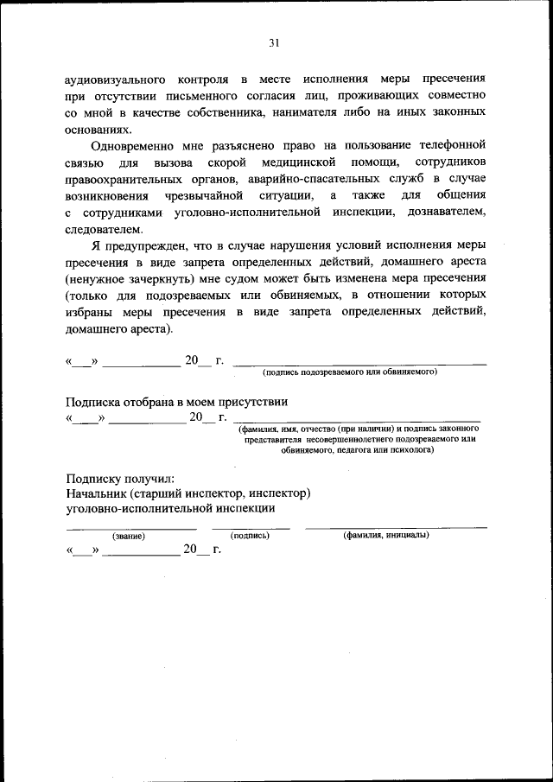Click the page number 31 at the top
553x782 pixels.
[x=275, y=42]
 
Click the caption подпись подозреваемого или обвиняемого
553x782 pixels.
[x=350, y=372]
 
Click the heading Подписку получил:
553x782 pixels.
[x=120, y=478]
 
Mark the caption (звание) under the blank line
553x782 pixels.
[x=128, y=535]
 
